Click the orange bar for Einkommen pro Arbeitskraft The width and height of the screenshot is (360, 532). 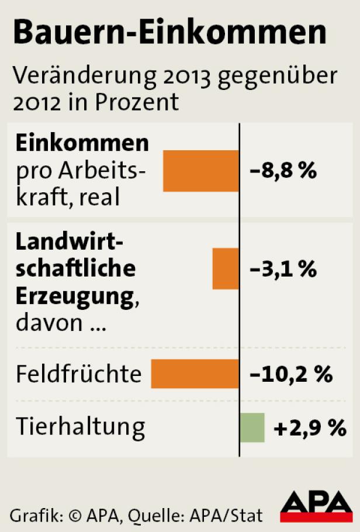tap(201, 171)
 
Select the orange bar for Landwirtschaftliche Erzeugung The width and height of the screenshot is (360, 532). tap(226, 268)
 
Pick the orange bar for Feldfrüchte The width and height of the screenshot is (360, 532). tap(195, 374)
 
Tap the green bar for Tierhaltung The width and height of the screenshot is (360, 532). tap(252, 428)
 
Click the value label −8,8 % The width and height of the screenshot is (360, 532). tap(283, 171)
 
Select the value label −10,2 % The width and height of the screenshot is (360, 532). tap(291, 374)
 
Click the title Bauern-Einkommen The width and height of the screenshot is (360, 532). tap(169, 33)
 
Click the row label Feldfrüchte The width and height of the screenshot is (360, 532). tap(78, 374)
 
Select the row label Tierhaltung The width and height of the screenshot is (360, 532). tap(80, 427)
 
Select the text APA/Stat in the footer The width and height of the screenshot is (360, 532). tap(231, 515)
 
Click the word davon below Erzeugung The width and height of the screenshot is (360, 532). tap(49, 323)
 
